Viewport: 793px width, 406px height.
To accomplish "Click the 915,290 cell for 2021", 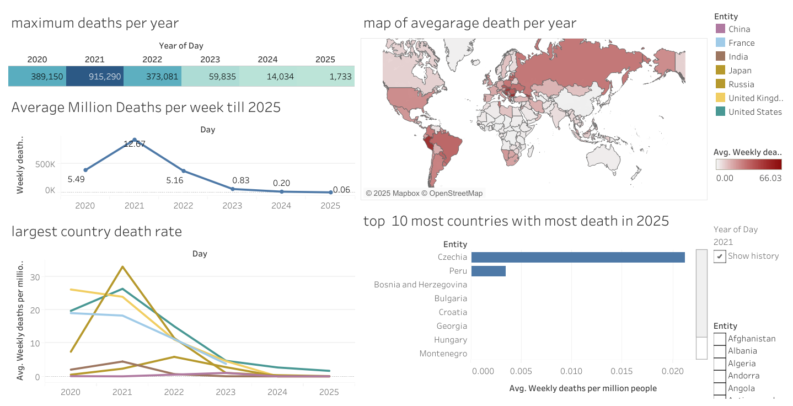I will click(95, 77).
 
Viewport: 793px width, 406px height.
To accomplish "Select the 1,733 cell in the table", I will click(326, 77).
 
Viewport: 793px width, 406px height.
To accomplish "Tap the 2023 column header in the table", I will click(210, 60).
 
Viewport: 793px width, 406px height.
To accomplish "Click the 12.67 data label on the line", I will click(134, 144).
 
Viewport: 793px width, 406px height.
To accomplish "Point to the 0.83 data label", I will click(241, 180).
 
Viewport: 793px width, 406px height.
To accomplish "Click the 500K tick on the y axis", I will click(45, 164).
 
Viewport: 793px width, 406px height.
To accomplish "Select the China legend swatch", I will click(720, 29).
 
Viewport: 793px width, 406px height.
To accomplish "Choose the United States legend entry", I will click(754, 112).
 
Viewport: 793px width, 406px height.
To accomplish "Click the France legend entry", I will click(741, 43).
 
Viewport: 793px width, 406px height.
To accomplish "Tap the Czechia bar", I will click(578, 257).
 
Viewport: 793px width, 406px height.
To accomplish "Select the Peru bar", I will click(489, 271).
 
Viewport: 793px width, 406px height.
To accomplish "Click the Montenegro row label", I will click(443, 354).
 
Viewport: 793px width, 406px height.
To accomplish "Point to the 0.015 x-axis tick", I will click(622, 371).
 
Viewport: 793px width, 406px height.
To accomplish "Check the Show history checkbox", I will click(720, 257).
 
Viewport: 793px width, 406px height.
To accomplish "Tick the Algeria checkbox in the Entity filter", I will click(720, 364).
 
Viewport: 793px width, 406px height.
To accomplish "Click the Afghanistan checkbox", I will click(720, 339).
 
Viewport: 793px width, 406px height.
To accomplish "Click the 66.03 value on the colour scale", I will click(770, 178).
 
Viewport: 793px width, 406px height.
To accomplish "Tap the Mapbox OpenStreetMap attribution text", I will click(424, 194).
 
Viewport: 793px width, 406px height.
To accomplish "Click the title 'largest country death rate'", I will click(97, 232).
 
